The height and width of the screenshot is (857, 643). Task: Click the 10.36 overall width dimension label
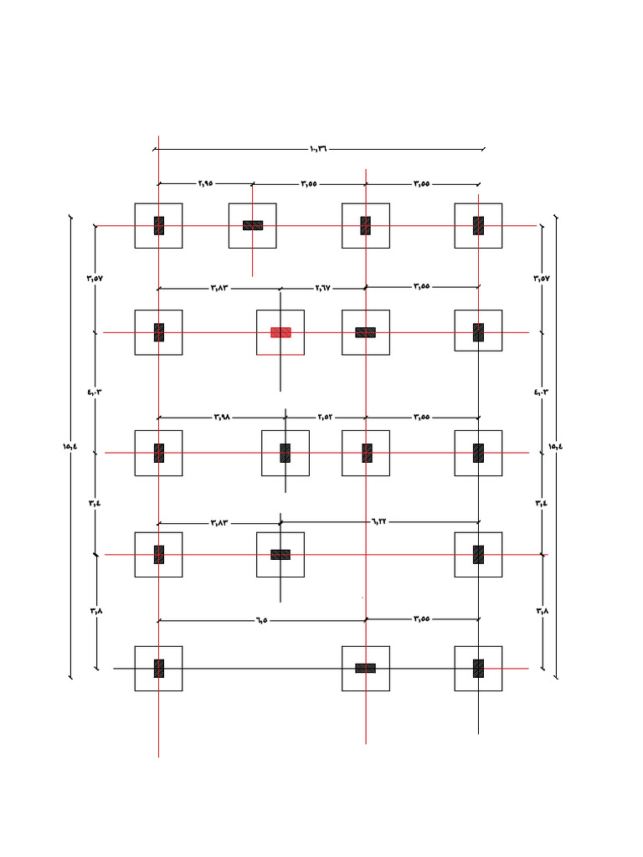(318, 149)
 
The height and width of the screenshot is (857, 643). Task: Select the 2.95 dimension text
(206, 183)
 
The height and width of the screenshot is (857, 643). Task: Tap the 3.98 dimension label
(221, 417)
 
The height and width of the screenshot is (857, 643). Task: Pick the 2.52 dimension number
(326, 417)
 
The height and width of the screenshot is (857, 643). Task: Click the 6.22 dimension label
(379, 521)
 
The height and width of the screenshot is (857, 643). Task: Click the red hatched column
(280, 332)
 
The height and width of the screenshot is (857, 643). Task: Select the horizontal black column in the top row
(253, 225)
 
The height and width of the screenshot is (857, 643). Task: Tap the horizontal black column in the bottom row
(365, 668)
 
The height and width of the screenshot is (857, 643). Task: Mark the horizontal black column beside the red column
(365, 332)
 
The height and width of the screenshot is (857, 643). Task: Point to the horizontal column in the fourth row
(280, 554)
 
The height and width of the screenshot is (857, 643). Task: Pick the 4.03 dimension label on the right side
(542, 391)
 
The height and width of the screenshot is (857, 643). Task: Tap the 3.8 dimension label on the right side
(542, 611)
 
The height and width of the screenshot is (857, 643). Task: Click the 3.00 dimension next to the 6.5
(422, 619)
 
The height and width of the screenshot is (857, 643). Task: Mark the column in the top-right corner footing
(478, 225)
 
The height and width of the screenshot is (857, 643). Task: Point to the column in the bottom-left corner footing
(158, 668)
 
